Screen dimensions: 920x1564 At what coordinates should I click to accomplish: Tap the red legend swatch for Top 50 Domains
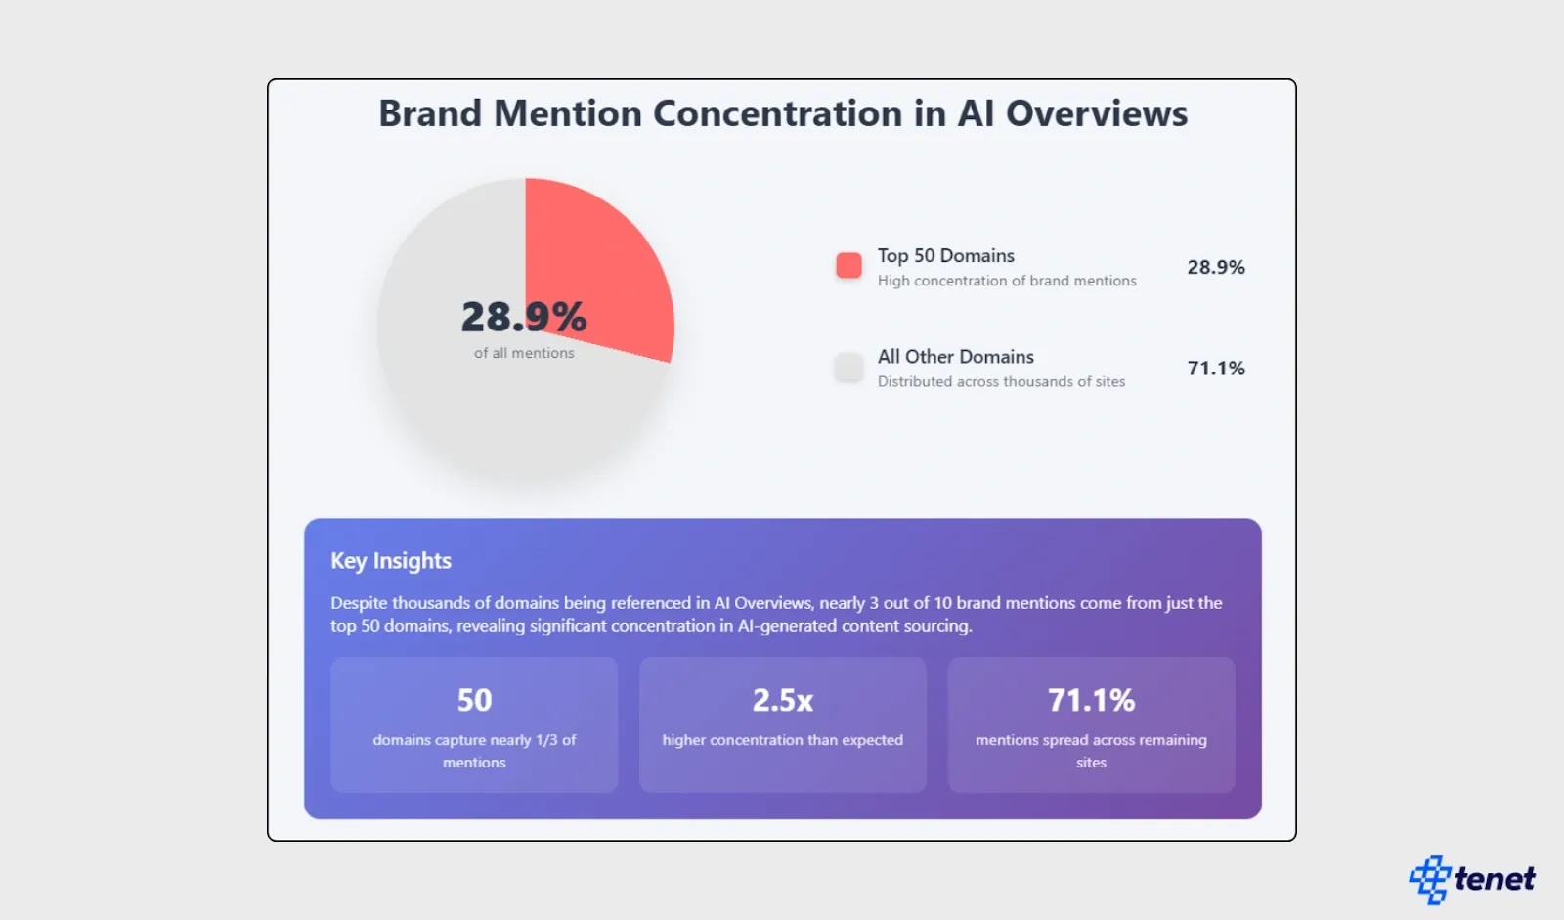(848, 266)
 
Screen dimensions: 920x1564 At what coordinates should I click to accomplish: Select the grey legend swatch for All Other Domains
(848, 368)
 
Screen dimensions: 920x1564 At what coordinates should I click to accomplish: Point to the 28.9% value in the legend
(1216, 267)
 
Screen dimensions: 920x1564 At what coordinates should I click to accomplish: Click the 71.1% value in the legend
(1216, 369)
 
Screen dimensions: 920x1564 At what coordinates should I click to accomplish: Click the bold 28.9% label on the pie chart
(524, 317)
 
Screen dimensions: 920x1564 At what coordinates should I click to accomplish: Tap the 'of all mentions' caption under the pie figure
(524, 353)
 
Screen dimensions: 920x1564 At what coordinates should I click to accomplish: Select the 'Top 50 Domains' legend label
(945, 255)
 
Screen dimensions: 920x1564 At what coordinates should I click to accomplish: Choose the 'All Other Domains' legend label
(955, 357)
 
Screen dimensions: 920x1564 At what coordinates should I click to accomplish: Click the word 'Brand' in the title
(430, 113)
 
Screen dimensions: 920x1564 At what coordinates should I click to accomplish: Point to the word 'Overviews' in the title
(1097, 113)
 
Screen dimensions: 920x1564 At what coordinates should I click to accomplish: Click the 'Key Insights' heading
(391, 561)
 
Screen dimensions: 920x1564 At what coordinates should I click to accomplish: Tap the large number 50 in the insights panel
(474, 700)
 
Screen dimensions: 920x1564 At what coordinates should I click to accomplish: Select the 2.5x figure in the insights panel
(782, 700)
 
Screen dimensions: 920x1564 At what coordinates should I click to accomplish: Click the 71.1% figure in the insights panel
(1091, 700)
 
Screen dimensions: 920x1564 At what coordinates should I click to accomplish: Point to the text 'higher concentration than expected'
(782, 740)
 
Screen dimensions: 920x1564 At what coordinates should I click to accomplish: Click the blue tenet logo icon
(1429, 879)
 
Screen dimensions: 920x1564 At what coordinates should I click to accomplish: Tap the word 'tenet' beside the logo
(1495, 879)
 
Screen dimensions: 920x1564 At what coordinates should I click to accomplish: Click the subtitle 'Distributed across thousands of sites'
(1001, 382)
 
